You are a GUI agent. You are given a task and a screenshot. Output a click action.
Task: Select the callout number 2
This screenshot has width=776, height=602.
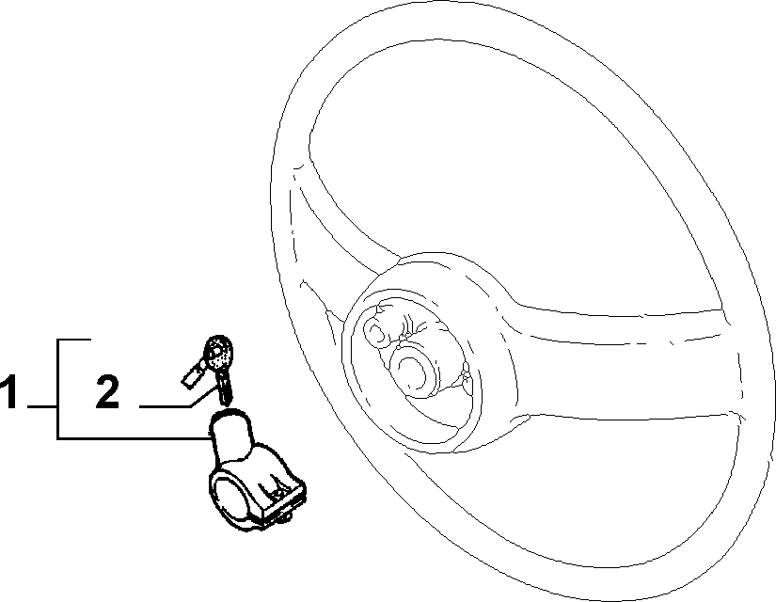[x=107, y=391]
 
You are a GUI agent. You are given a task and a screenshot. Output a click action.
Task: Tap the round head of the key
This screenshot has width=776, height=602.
[x=219, y=353]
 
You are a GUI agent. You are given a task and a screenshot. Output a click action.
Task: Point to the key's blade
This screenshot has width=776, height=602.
[x=225, y=388]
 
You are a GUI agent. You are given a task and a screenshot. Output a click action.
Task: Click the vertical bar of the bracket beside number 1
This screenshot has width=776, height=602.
[x=58, y=389]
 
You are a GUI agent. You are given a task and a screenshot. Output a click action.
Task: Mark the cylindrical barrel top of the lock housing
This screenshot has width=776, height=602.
[x=231, y=431]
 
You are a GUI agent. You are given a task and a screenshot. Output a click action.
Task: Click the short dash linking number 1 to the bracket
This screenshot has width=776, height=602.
[x=42, y=406]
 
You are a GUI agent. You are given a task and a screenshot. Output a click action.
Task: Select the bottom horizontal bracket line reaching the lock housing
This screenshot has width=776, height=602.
[x=135, y=438]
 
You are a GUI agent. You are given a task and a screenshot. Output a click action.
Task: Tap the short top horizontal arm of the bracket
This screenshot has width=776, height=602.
[x=74, y=341]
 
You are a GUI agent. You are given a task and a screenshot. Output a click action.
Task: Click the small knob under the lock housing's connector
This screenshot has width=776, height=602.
[x=286, y=517]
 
